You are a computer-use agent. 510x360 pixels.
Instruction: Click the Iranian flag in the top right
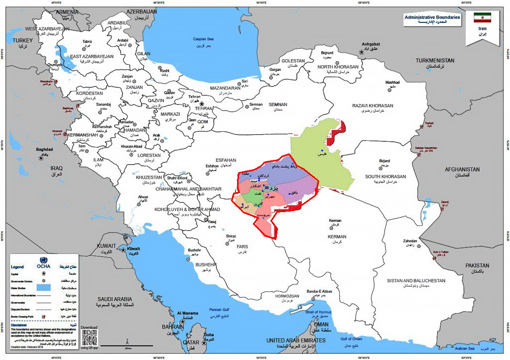[482, 18]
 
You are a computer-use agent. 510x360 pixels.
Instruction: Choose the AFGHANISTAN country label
[462, 169]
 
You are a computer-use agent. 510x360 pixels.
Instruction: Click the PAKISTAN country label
[477, 266]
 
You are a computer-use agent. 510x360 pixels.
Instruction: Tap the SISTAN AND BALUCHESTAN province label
[416, 281]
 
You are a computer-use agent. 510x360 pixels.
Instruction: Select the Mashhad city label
[392, 82]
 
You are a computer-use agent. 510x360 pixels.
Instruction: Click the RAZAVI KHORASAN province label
[373, 106]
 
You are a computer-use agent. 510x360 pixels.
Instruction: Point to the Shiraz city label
[231, 236]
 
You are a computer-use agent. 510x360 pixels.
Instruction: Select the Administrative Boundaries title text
[432, 17]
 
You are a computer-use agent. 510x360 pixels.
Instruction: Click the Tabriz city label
[87, 41]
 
